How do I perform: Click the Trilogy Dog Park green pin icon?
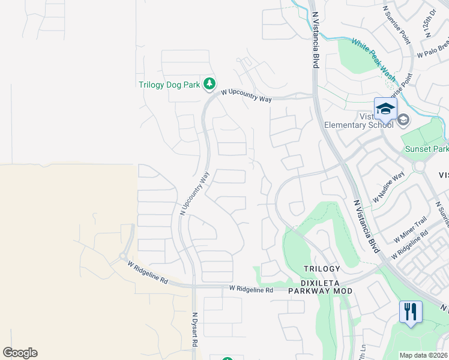(x=209, y=84)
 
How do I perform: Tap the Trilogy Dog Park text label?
(x=169, y=85)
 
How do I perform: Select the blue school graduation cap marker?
(x=385, y=109)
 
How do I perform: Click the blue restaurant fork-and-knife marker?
(x=411, y=312)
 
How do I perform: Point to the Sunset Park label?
(x=427, y=149)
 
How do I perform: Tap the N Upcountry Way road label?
(x=194, y=194)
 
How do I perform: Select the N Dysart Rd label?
(x=194, y=330)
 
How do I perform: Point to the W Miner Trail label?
(x=411, y=229)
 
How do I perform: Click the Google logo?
(x=20, y=353)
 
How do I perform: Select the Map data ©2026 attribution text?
(x=424, y=355)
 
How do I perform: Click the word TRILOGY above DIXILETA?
(x=321, y=269)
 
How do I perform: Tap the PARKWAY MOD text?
(x=320, y=290)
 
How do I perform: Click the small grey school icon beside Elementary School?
(x=403, y=120)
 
